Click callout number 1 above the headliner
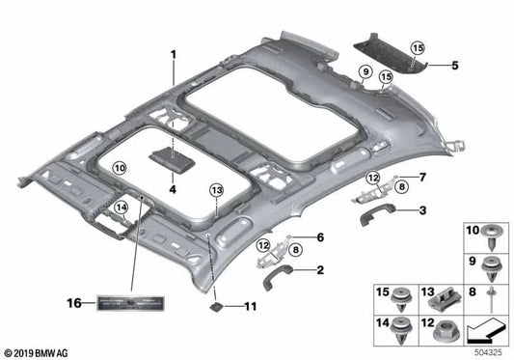click(175, 53)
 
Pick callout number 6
click(320, 237)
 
